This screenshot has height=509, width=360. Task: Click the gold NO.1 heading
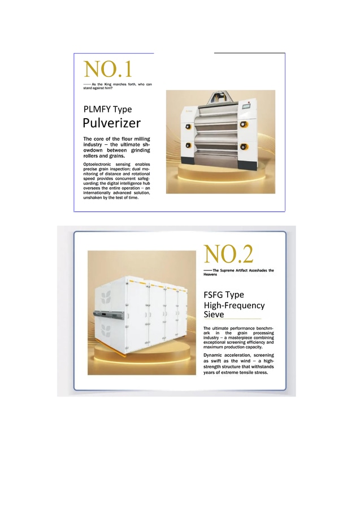pos(108,69)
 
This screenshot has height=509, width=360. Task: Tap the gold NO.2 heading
pos(229,254)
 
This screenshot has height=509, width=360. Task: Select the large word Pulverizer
pos(111,123)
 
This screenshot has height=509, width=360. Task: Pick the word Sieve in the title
pos(214,314)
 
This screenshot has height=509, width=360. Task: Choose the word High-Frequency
pos(234,305)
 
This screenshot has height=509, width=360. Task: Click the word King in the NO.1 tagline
pos(108,84)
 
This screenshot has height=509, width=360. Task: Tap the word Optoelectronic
pos(97,164)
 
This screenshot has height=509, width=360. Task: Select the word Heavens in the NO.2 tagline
pos(210,274)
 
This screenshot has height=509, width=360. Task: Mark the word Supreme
pos(227,270)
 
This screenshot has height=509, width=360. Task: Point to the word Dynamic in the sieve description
pos(213,355)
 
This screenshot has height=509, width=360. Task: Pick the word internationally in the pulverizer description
pos(97,193)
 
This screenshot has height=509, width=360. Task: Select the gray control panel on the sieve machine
pos(109,314)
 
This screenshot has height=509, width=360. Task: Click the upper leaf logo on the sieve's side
pos(106,297)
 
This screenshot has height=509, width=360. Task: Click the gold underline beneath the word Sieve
pos(232,319)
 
